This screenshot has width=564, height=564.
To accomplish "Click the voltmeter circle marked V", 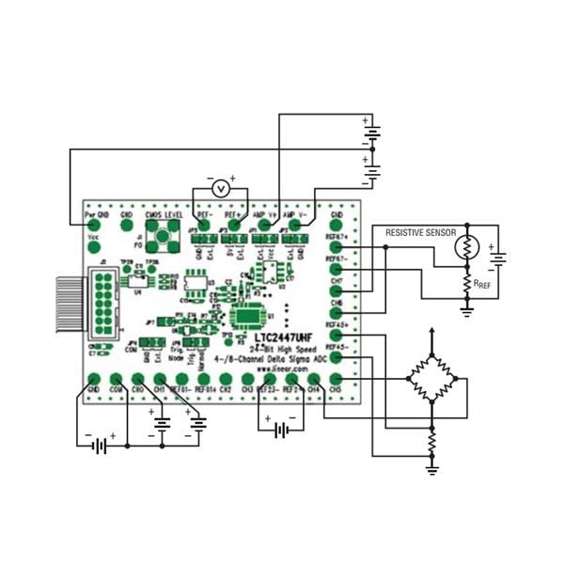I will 220,188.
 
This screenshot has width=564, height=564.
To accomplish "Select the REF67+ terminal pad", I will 337,248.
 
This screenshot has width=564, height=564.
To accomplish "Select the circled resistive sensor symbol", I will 466,248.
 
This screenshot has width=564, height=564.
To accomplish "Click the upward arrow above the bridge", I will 431,337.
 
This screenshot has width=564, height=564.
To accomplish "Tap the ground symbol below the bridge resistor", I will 431,463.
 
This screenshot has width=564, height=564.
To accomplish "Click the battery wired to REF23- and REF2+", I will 280,430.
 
